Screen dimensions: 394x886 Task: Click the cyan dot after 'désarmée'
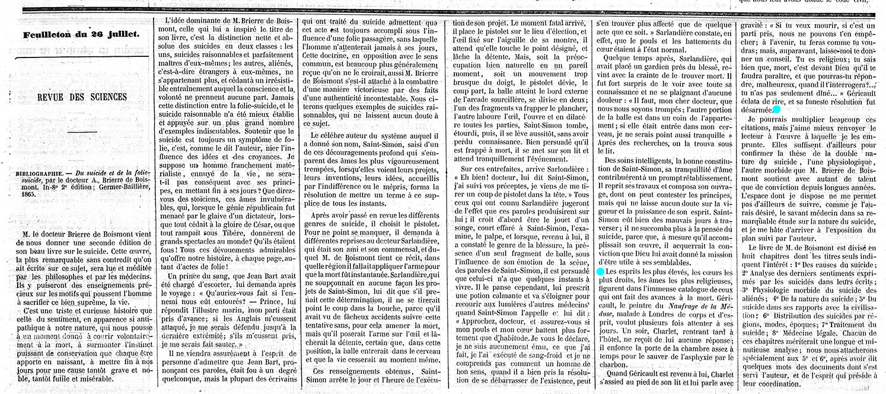[777, 110]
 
